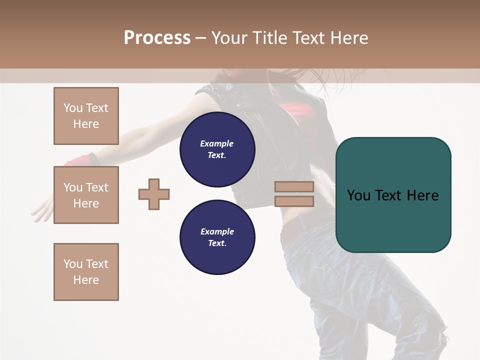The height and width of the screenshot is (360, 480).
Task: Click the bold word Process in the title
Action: tap(157, 38)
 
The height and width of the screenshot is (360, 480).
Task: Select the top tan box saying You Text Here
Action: tap(86, 116)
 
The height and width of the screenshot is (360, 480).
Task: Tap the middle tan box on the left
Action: tap(86, 195)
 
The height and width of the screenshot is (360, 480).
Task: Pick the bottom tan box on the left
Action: tap(86, 272)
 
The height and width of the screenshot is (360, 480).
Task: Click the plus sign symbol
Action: tap(154, 194)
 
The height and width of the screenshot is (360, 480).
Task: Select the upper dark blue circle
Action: tap(217, 149)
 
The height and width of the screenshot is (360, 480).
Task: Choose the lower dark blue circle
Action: tap(217, 237)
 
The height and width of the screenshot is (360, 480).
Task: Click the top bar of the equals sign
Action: tap(294, 187)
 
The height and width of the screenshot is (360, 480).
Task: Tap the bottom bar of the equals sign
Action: tap(294, 201)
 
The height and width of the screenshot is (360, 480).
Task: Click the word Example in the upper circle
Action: tap(217, 143)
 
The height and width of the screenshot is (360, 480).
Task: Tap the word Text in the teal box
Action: tap(393, 195)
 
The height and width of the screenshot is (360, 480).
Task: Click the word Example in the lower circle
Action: tap(217, 231)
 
